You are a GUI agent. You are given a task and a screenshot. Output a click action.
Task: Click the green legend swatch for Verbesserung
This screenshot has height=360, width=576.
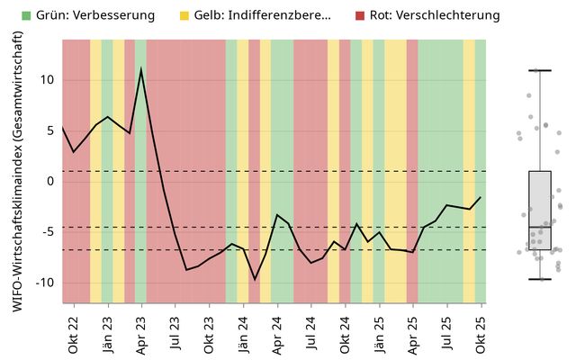click(27, 15)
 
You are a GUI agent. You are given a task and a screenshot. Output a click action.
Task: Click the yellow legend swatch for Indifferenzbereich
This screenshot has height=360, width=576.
click(184, 15)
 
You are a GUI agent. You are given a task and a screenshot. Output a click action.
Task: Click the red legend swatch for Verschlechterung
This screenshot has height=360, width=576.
click(360, 15)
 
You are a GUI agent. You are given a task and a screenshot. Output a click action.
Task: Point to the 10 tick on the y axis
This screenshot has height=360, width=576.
click(48, 80)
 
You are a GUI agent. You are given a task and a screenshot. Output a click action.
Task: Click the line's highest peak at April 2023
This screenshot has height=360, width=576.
click(141, 69)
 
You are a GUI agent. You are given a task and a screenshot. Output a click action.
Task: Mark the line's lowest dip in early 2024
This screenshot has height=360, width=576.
click(255, 279)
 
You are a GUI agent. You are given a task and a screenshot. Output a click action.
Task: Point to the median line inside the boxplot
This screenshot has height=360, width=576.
click(540, 227)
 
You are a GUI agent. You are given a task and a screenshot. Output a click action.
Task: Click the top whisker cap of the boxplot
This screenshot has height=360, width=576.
click(540, 70)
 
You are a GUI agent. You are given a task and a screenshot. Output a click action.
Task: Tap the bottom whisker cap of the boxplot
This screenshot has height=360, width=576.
click(540, 279)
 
